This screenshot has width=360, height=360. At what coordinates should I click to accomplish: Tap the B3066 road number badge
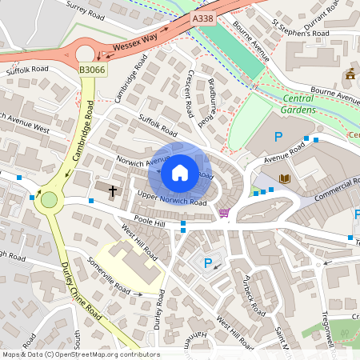pyautogui.click(x=91, y=70)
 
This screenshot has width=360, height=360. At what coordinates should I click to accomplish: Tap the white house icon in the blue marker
pyautogui.click(x=179, y=172)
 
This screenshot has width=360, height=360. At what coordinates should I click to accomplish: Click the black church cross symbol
pyautogui.click(x=113, y=191)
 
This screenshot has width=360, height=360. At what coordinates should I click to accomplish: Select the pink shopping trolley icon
pyautogui.click(x=224, y=213)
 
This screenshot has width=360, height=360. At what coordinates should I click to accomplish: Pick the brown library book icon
pyautogui.click(x=284, y=178)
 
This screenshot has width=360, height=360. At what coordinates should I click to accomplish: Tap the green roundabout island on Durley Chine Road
pyautogui.click(x=50, y=200)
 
